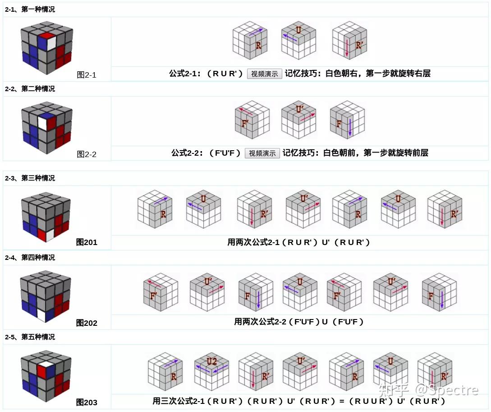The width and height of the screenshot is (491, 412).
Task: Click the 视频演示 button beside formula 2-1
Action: tap(264, 74)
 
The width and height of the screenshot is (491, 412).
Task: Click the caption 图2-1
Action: tap(87, 75)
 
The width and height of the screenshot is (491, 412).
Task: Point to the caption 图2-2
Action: tap(87, 154)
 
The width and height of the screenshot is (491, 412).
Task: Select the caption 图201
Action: tap(87, 242)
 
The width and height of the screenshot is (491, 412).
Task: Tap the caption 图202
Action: tap(87, 323)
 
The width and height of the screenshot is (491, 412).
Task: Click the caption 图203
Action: tap(87, 403)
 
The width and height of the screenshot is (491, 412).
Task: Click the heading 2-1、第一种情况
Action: tap(30, 9)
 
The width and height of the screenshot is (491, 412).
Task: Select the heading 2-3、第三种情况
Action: tap(30, 178)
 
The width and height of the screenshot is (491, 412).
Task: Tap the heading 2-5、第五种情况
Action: tap(30, 337)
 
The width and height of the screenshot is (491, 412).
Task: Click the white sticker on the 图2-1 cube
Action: tap(51, 42)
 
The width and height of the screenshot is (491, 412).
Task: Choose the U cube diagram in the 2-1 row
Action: tap(298, 41)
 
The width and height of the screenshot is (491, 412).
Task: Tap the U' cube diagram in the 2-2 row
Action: tap(299, 120)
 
